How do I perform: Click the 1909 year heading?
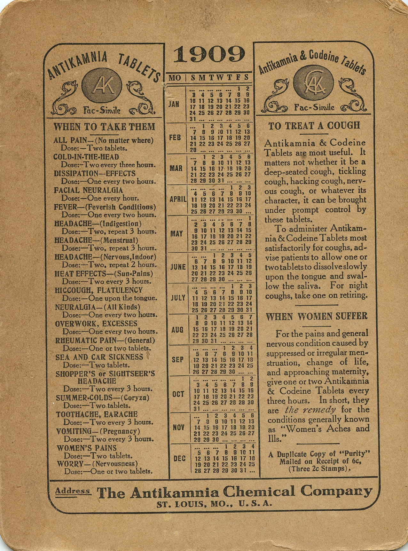coord(209,54)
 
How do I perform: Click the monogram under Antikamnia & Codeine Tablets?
coord(313,82)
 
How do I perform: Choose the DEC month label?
coord(179,458)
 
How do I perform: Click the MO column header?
coord(175,78)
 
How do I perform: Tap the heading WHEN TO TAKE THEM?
coord(104,127)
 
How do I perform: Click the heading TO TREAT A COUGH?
coord(314,126)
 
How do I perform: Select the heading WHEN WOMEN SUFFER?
coord(317,317)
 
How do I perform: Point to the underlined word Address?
coord(72,491)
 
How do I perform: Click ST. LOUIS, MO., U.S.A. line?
coord(214,504)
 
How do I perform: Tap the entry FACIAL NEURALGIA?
coord(88,190)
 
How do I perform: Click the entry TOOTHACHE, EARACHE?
coord(97,414)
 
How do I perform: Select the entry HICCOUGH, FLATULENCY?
coord(99,290)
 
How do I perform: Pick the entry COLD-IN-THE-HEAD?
coord(86,157)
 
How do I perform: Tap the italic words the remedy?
coord(310,410)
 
